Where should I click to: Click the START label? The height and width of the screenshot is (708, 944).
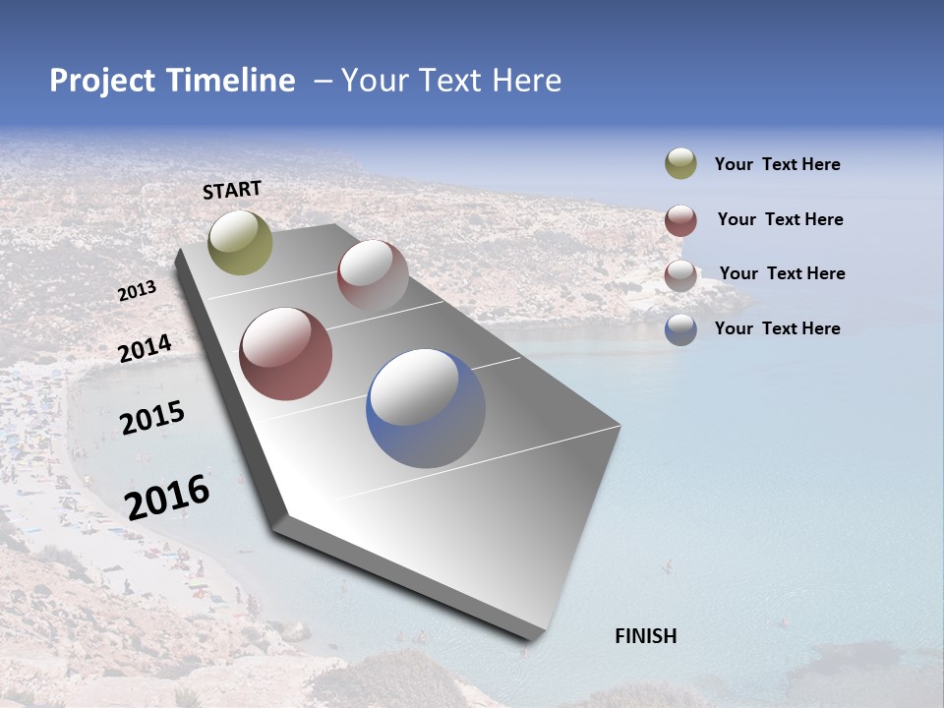(x=232, y=190)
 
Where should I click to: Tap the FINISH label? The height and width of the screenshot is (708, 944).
(x=645, y=636)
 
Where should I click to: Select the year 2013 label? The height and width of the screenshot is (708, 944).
(x=137, y=291)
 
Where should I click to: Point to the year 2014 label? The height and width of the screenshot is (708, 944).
(x=145, y=348)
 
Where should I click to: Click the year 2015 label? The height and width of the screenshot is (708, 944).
(x=151, y=418)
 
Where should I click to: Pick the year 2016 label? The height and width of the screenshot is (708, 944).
(x=167, y=497)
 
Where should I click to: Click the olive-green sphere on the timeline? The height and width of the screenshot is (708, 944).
(x=241, y=242)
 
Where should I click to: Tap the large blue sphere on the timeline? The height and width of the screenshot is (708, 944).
(x=425, y=408)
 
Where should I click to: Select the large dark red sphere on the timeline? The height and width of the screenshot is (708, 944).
(x=285, y=354)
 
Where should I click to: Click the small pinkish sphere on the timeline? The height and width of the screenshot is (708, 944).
(x=373, y=275)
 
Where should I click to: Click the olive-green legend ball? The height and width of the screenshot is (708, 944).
(x=680, y=164)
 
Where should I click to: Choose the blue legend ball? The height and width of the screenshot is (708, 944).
(x=680, y=328)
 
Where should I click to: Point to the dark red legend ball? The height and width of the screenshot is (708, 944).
(x=680, y=219)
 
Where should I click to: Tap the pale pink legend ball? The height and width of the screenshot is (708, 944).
(x=680, y=274)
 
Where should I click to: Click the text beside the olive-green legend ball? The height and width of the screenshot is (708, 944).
(x=777, y=165)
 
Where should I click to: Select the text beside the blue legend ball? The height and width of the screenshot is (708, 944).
(x=777, y=328)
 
